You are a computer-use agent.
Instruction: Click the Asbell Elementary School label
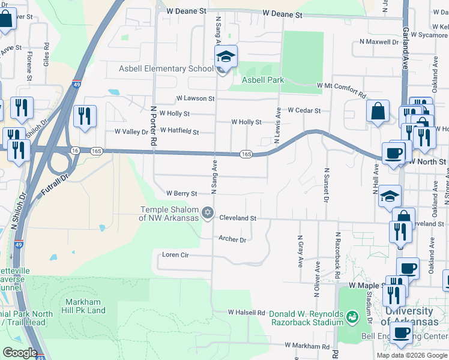pos(162,68)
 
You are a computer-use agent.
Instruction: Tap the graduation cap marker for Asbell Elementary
pos(226,58)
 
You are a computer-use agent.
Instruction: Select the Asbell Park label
pos(262,80)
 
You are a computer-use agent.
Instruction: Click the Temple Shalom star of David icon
pos(208,212)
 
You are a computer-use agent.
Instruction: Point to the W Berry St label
pos(182,194)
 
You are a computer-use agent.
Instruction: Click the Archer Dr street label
pos(232,239)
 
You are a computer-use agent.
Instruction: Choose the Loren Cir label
pos(176,254)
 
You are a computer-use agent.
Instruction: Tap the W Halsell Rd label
pos(246,313)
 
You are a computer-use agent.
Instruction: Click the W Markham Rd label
pos(307,346)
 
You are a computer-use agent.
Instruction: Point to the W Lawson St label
pos(195,98)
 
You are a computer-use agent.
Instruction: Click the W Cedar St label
pos(304,110)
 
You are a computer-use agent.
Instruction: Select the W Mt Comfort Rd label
pos(341,90)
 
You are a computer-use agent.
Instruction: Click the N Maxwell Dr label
pos(379,42)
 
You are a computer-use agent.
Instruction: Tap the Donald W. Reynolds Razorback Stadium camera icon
pos(354,314)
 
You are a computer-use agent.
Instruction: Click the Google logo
pos(20,353)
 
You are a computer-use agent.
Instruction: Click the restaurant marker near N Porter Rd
pos(85,115)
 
